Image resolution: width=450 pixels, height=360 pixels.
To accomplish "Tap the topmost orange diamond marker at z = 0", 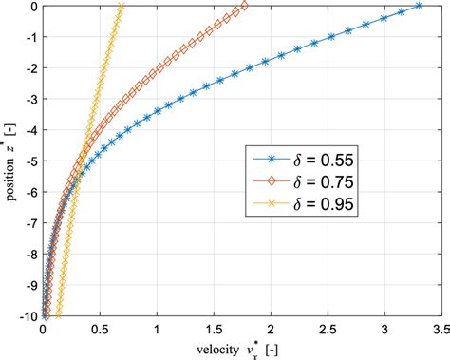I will pyautogui.click(x=246, y=7).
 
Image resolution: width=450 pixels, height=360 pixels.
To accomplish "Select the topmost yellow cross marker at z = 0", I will pyautogui.click(x=121, y=7).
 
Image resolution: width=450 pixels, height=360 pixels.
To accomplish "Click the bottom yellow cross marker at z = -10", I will pyautogui.click(x=58, y=316).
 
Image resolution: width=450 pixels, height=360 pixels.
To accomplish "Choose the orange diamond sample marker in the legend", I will pyautogui.click(x=262, y=180).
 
